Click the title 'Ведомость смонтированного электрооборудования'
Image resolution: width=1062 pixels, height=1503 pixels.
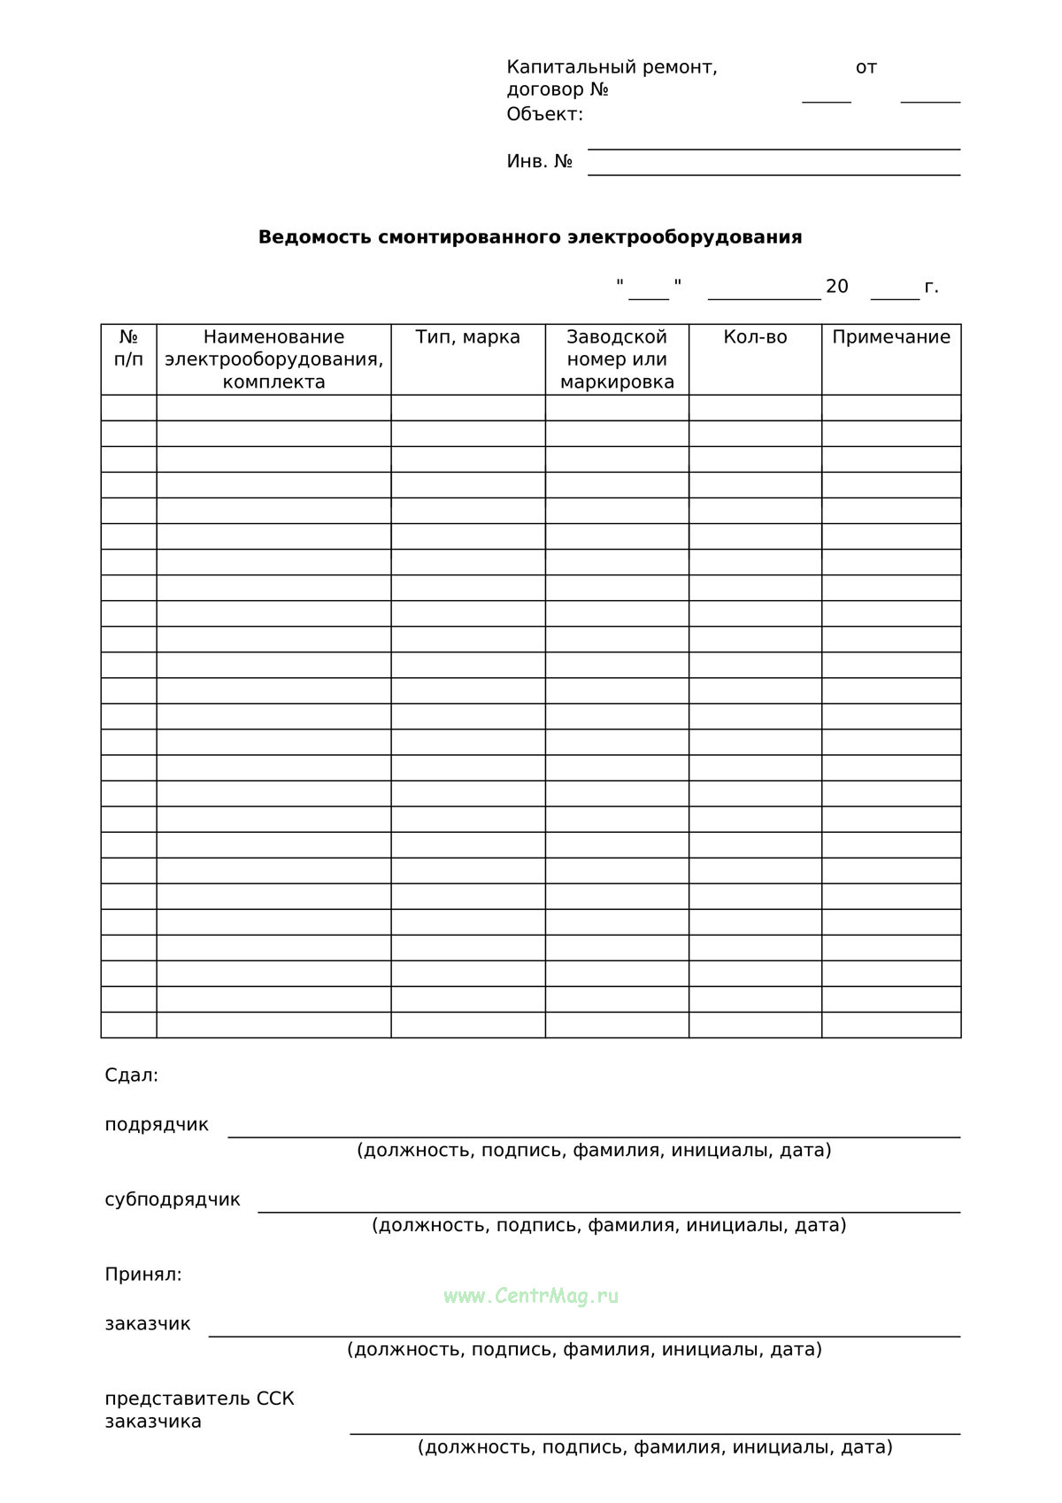(530, 237)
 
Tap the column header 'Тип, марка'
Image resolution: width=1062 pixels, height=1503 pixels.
(468, 337)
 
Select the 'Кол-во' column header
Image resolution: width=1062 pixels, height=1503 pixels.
(755, 337)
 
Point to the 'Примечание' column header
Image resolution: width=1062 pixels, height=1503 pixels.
(891, 337)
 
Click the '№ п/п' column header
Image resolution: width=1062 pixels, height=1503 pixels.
(129, 348)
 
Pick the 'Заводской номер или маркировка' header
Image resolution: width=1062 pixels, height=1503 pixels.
(617, 359)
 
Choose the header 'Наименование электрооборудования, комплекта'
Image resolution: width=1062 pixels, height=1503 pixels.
(273, 359)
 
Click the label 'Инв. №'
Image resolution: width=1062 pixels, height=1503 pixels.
(540, 162)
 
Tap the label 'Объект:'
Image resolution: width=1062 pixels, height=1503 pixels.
(545, 114)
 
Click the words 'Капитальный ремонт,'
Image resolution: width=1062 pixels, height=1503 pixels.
(612, 67)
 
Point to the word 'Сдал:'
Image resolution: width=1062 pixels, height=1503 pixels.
(132, 1075)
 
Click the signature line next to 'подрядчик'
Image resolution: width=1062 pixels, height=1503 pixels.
(594, 1135)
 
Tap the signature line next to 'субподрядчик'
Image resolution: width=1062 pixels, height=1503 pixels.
(609, 1210)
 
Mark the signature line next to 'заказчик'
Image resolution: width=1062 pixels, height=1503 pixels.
(584, 1334)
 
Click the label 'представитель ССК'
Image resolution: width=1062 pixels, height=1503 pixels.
(199, 1399)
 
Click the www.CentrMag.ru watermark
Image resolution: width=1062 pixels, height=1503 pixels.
(531, 1297)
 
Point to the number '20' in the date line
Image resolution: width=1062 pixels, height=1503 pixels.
(836, 287)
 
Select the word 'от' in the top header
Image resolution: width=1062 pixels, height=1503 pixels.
(866, 67)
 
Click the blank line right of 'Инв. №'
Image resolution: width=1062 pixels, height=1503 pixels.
(773, 173)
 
